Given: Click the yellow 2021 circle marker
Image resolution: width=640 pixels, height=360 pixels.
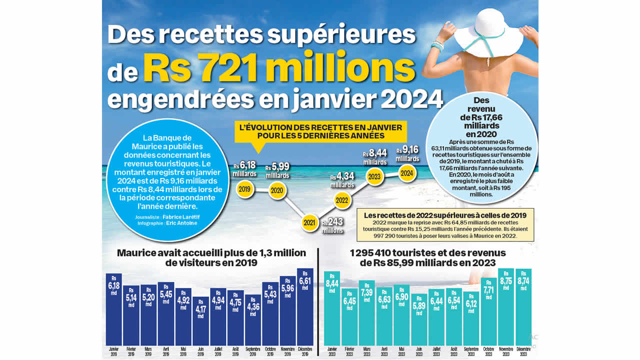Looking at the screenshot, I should [310, 222].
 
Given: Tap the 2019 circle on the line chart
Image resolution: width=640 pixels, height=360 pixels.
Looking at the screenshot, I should [245, 189].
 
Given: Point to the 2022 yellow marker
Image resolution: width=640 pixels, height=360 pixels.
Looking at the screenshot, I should [342, 200].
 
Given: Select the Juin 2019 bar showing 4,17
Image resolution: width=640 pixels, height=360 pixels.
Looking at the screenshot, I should [200, 320].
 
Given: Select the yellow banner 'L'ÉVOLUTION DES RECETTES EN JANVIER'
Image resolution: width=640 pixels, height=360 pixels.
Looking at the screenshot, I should [320, 131].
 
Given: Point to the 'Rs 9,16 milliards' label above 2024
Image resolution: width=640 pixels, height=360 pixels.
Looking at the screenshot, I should [407, 153].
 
